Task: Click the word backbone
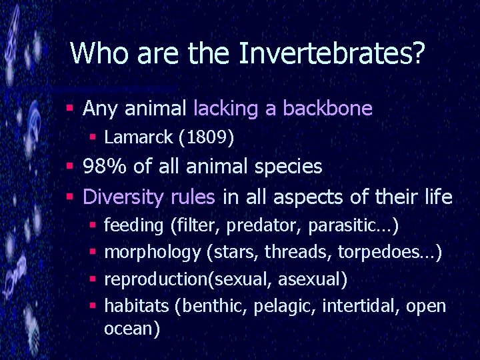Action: click(327, 108)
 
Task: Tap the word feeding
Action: click(134, 225)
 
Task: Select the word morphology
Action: click(153, 252)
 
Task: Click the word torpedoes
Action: click(385, 252)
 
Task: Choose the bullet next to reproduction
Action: click(93, 279)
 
